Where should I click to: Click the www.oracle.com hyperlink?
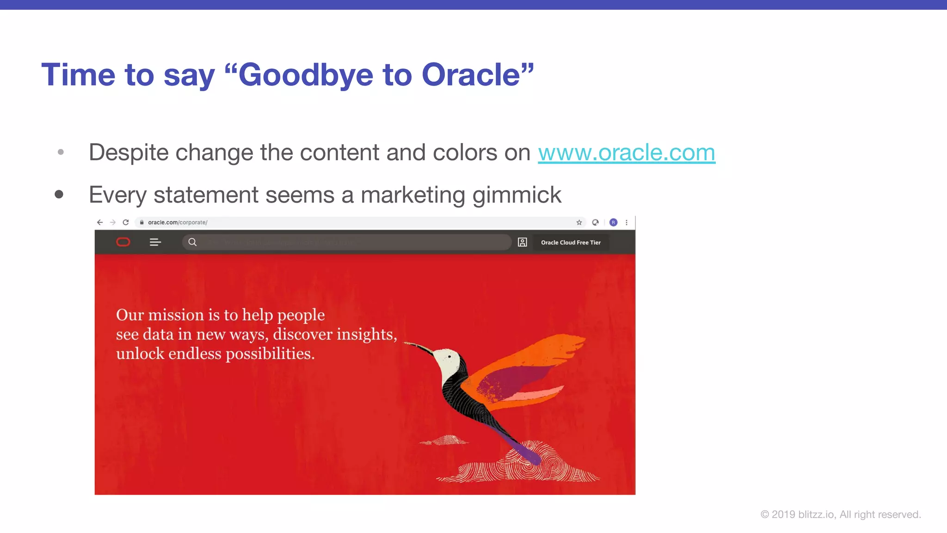[627, 153]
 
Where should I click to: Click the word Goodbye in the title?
[306, 75]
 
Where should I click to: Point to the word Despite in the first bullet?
[129, 153]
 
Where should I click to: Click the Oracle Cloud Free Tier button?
[571, 242]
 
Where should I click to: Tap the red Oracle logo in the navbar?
[123, 242]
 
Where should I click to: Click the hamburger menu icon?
[155, 242]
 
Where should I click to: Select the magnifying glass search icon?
[192, 242]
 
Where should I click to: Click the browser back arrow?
[100, 223]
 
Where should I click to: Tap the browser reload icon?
[126, 223]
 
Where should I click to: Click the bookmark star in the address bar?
[579, 223]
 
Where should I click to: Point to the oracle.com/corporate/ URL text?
[178, 223]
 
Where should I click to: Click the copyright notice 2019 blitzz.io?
[841, 514]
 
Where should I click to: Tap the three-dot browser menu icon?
[627, 223]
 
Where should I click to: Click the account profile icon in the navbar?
[523, 242]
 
